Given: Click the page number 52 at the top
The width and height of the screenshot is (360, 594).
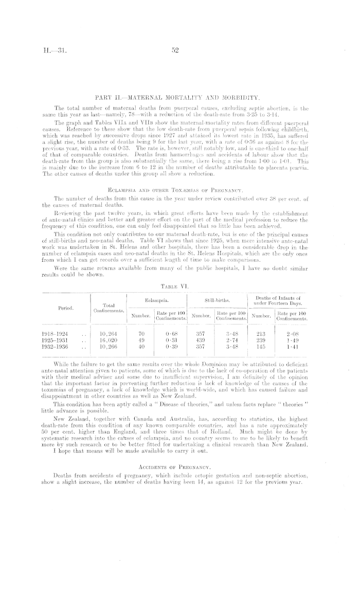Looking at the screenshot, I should (175, 50).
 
